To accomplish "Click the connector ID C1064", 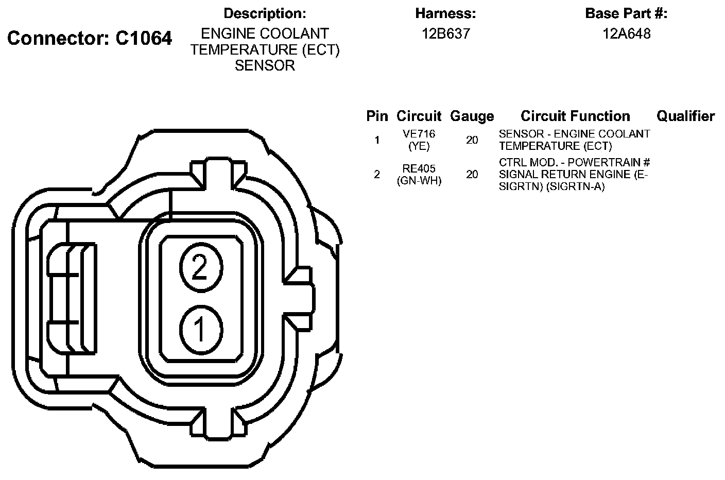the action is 144,38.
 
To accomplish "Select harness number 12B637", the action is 446,33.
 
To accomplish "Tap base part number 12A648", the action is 626,33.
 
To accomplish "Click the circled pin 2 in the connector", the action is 201,267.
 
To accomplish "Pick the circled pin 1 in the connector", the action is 201,330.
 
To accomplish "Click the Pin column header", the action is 377,116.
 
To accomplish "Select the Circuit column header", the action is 419,116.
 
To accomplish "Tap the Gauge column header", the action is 472,116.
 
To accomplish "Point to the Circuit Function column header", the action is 575,116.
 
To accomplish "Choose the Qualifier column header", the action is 685,116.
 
